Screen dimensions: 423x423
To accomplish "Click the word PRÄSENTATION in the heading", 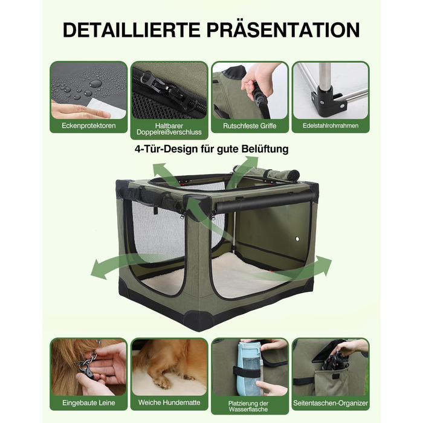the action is pyautogui.click(x=283, y=30).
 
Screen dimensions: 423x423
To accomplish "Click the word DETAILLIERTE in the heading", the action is pyautogui.click(x=131, y=30).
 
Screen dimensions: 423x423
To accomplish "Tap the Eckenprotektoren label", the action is pyautogui.click(x=88, y=126).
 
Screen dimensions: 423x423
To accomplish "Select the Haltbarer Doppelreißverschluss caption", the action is pyautogui.click(x=169, y=129).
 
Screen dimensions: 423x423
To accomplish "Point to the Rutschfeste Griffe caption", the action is pyautogui.click(x=250, y=126).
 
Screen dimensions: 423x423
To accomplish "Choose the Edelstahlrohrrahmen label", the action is pyautogui.click(x=331, y=126).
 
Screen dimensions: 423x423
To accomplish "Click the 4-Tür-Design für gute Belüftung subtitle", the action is pyautogui.click(x=211, y=149).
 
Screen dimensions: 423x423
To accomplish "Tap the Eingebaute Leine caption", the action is pyautogui.click(x=89, y=403).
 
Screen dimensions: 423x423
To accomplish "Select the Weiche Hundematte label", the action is pyautogui.click(x=169, y=402).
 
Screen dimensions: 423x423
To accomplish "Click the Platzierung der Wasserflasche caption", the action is pyautogui.click(x=248, y=406).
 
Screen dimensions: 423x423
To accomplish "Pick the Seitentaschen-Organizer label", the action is pyautogui.click(x=331, y=403).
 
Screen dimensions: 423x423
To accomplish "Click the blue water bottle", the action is pyautogui.click(x=249, y=369).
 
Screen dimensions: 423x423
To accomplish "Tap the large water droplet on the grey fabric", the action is pyautogui.click(x=95, y=83).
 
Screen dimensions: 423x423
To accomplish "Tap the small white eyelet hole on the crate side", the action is pyautogui.click(x=297, y=239).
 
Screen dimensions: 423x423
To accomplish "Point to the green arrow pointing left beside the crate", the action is pyautogui.click(x=127, y=266).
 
